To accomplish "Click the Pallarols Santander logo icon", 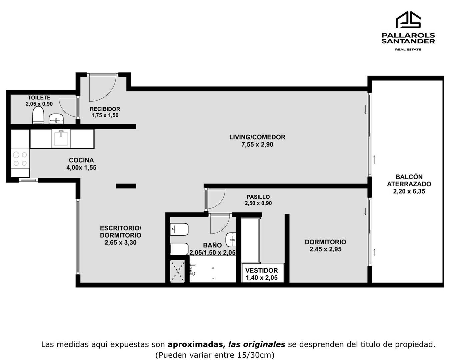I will pos(408,20).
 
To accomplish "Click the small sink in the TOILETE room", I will pos(56,118).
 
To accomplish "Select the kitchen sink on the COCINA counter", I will pos(61,139).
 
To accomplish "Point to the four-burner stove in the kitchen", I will pos(20,159).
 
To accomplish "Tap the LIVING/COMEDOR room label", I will pos(257,137).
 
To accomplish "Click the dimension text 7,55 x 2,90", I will pos(257,145).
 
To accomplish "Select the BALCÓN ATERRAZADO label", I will pos(409,180).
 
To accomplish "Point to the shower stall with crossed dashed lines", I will pos(177,271).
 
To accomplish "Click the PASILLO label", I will pos(258,197).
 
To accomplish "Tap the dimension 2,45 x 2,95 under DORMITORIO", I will pos(325,249).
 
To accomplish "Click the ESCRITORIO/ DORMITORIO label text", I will pos(121,232).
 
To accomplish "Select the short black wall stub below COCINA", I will pos(126,186).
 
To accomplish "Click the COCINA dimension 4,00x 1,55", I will pos(81,168).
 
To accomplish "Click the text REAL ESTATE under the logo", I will pos(408,49).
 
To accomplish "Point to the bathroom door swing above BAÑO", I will pos(219,224).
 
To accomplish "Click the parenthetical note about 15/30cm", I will pos(215,355).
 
